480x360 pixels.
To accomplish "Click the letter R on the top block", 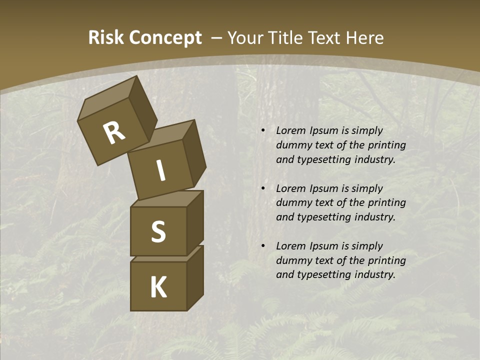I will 114,133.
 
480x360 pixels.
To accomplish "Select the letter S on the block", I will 158,232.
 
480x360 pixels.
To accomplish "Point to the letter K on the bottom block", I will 158,287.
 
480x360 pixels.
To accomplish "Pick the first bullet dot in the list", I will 263,131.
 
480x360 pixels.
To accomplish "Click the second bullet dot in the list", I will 263,188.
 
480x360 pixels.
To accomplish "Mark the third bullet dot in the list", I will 263,246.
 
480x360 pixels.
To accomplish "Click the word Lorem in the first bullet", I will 290,130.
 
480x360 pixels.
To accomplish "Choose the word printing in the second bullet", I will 386,203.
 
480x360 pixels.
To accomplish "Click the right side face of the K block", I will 195,277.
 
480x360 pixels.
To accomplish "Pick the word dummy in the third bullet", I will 292,260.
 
